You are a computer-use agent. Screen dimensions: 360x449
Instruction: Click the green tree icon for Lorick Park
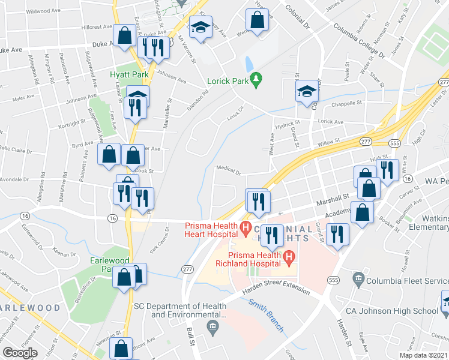point(257,79)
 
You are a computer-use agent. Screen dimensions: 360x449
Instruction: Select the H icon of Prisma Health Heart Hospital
point(245,227)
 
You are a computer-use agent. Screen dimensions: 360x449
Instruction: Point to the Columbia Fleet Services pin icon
point(359,278)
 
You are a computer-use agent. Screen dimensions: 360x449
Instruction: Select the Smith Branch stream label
point(266,315)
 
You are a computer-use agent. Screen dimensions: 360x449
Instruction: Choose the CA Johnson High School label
point(391,311)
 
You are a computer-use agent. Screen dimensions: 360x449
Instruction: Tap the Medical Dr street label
point(228,171)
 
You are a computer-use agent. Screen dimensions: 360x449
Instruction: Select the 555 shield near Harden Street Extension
point(334,280)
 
